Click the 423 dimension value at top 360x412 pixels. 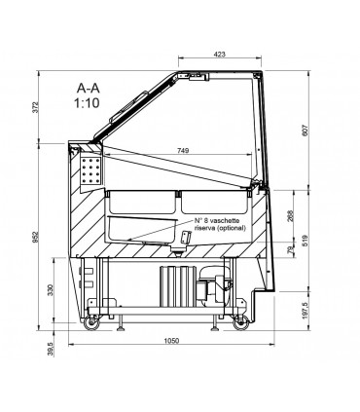220,55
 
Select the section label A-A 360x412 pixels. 89,88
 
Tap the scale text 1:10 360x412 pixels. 87,103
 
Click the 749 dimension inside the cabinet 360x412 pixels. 183,150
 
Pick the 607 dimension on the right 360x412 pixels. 304,131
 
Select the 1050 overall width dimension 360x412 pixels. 171,341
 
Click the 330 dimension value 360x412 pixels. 50,290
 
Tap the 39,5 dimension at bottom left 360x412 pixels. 50,349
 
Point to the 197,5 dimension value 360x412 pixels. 305,310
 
